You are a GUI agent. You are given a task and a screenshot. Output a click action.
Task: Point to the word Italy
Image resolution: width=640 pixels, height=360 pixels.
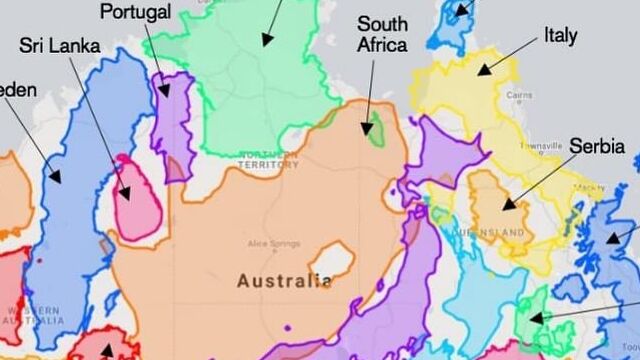click(x=560, y=35)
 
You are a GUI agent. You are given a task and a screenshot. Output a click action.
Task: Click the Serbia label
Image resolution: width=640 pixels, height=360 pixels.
click(x=597, y=146)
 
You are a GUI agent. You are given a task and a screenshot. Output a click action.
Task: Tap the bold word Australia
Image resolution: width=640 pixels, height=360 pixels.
click(x=284, y=281)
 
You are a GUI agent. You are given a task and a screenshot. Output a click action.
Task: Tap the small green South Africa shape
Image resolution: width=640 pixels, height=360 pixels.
click(x=374, y=128)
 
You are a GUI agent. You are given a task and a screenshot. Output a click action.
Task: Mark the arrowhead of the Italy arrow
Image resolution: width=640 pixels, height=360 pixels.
click(x=480, y=71)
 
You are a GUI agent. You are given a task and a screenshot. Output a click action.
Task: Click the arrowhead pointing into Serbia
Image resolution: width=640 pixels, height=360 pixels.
click(x=506, y=207)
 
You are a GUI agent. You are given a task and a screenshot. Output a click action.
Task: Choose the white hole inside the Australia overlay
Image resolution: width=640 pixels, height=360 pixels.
click(x=331, y=260)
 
